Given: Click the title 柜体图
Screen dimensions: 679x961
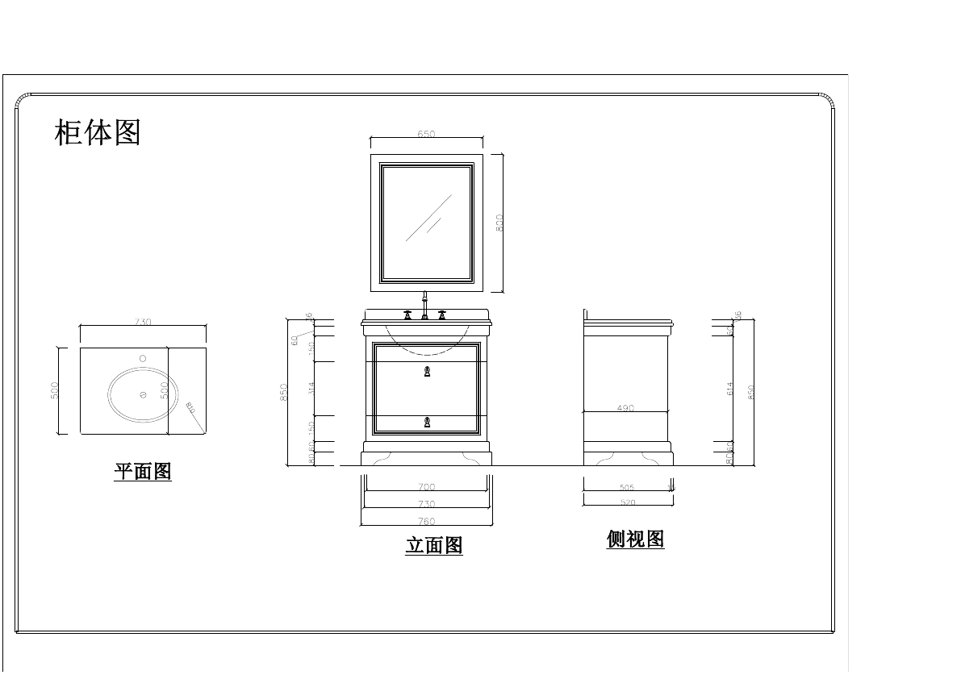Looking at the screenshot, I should click(x=98, y=132).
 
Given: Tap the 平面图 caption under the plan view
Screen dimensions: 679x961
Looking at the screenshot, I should click(x=143, y=472).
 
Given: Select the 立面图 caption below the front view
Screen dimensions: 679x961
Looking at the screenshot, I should click(x=434, y=546).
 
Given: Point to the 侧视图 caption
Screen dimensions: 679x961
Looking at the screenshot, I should click(x=635, y=539).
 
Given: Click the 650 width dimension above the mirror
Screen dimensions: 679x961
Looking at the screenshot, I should click(x=427, y=135).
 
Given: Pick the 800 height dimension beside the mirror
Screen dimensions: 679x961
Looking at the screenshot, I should click(x=499, y=223).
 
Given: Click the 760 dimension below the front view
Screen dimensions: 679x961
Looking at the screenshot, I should click(x=427, y=522).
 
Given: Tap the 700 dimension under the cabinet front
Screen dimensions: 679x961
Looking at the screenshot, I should click(x=427, y=487).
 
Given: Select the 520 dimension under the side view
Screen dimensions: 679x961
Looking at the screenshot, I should click(x=628, y=502).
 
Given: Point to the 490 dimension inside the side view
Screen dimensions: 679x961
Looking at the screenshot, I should click(x=625, y=409).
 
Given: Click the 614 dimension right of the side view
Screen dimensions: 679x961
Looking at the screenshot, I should click(x=730, y=388).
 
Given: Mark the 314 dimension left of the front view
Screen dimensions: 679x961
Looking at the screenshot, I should click(x=311, y=388).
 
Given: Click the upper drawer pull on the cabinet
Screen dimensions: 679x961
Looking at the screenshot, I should click(x=427, y=372).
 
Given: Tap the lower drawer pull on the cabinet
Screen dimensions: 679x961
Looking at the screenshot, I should click(x=427, y=422).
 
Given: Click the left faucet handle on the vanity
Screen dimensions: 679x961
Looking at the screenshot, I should click(x=408, y=315).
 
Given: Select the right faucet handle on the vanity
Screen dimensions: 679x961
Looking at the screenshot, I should click(x=441, y=315).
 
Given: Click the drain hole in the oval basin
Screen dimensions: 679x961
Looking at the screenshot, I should click(x=143, y=394).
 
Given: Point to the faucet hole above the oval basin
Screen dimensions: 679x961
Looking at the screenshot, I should click(x=143, y=358).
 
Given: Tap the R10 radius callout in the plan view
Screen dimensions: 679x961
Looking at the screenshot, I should click(x=190, y=408).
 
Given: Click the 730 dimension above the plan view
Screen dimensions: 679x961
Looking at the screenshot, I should click(x=143, y=322).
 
